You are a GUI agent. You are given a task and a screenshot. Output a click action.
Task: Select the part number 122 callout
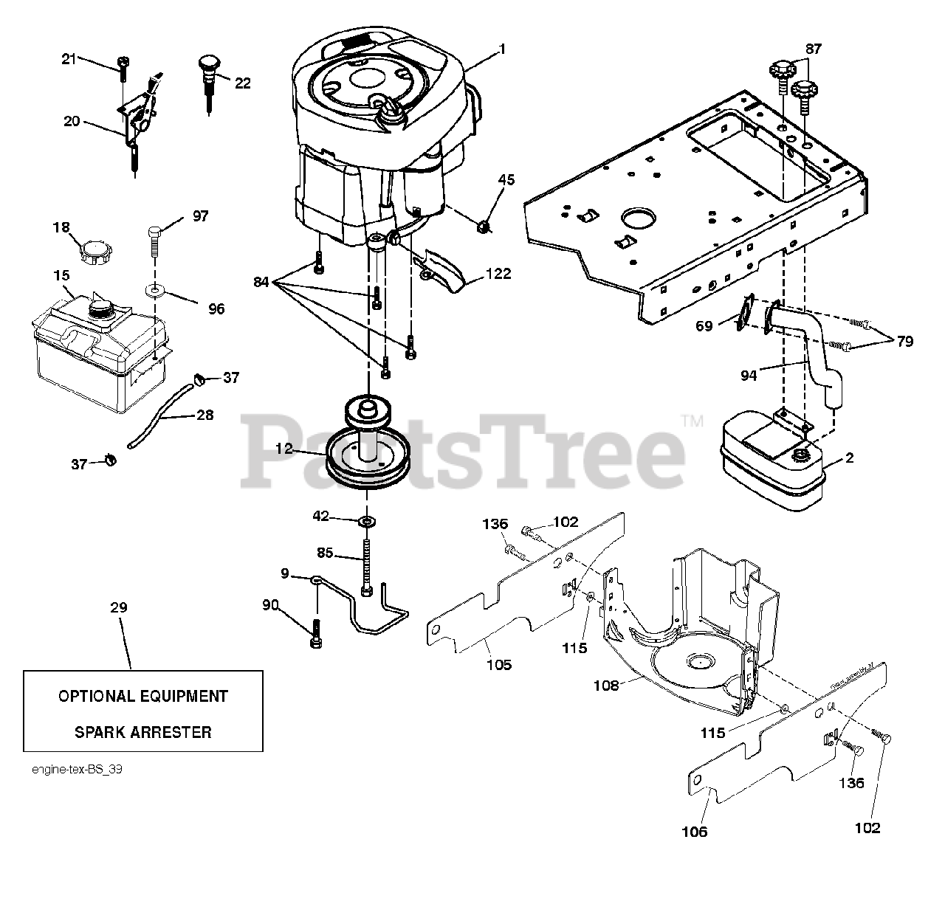pos(499,274)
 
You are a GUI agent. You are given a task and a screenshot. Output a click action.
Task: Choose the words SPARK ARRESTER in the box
pos(142,732)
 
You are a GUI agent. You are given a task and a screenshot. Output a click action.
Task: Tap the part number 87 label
pos(813,49)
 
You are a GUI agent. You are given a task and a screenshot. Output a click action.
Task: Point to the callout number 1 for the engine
pos(502,49)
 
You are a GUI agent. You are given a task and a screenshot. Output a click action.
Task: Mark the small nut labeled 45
pos(484,224)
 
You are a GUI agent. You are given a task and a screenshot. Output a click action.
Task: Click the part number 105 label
pos(499,664)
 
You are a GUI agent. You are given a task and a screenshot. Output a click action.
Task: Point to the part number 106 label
pos(694,832)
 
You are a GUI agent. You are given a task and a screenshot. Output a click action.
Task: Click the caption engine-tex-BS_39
pos(77,769)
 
